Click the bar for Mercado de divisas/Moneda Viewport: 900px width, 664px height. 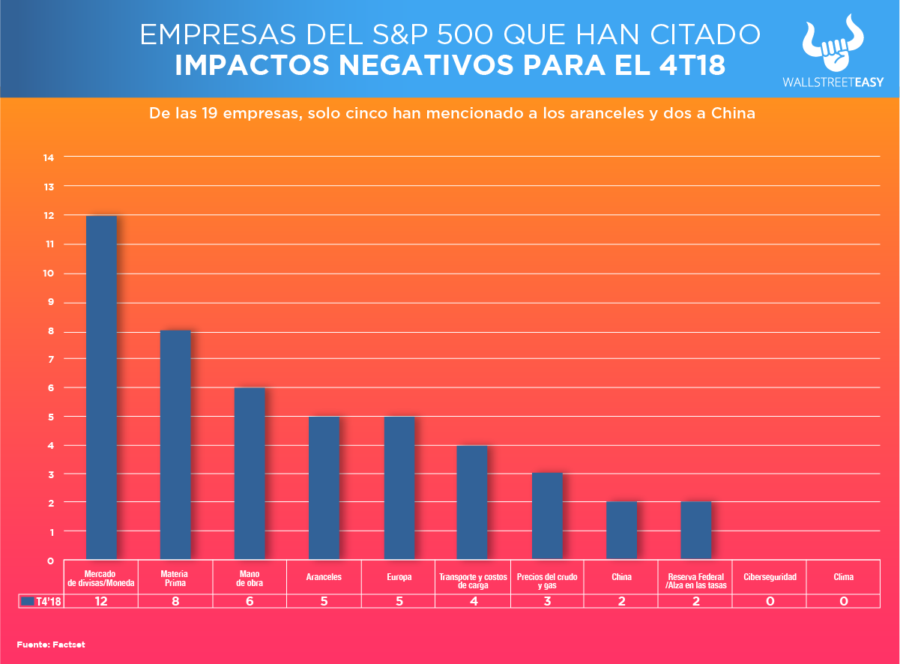click(x=101, y=387)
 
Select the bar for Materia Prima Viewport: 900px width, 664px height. click(x=175, y=444)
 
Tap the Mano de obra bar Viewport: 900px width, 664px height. click(x=250, y=473)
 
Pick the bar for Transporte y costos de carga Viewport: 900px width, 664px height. click(x=472, y=502)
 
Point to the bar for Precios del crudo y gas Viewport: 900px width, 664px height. click(x=547, y=516)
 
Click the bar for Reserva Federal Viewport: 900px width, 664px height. click(x=696, y=530)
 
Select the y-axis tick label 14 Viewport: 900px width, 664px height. click(x=49, y=157)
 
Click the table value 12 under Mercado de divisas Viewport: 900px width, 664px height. click(x=100, y=601)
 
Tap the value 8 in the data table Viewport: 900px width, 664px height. click(x=175, y=601)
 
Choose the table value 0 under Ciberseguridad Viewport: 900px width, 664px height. click(x=770, y=601)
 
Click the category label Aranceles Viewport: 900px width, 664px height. click(x=324, y=577)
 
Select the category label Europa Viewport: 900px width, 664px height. click(x=398, y=577)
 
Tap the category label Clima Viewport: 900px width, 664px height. click(x=843, y=577)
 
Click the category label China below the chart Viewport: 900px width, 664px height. click(x=621, y=577)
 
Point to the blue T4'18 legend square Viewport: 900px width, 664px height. click(x=28, y=601)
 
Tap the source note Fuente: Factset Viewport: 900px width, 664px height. click(x=42, y=644)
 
